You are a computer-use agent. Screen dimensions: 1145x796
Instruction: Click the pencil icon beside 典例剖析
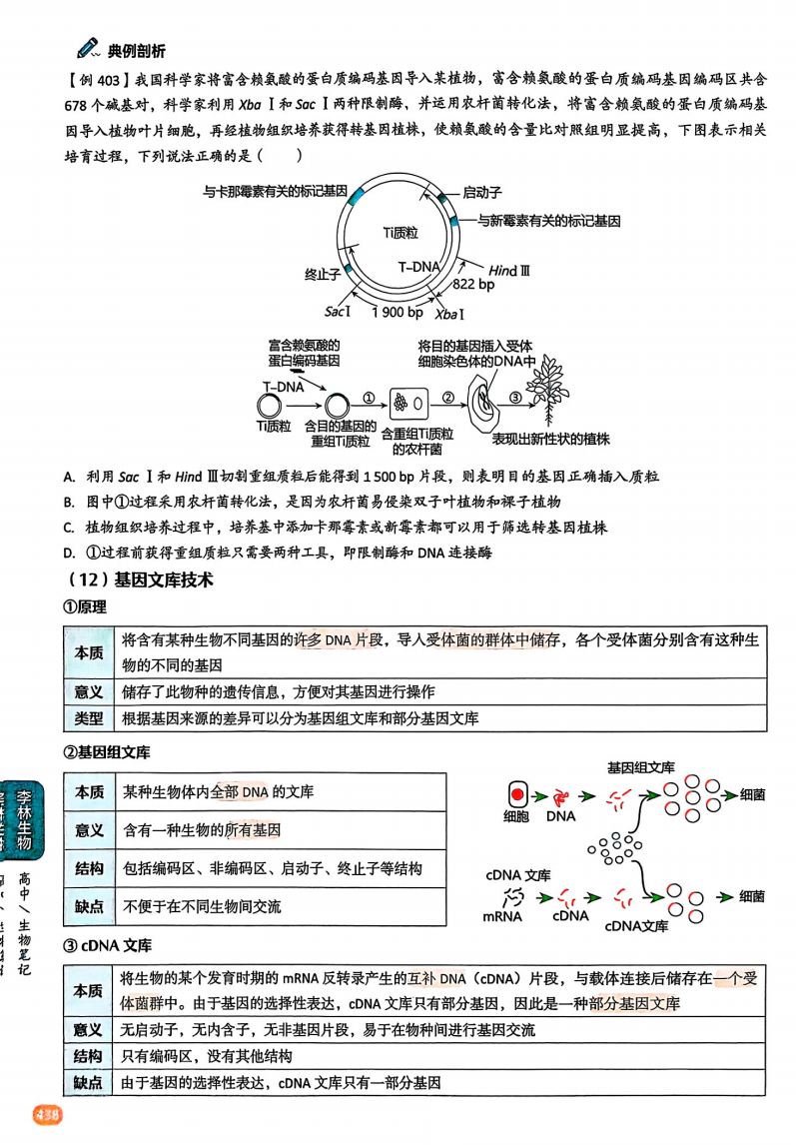click(x=87, y=48)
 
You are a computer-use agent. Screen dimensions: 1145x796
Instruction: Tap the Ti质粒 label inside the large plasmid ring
click(x=400, y=232)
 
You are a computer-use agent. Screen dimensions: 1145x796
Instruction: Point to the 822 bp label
click(x=473, y=284)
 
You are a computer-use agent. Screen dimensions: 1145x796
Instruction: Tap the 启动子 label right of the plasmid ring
click(x=481, y=192)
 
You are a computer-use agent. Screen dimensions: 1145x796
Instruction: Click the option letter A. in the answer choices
click(x=69, y=478)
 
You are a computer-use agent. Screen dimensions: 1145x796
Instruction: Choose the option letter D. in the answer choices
click(x=69, y=553)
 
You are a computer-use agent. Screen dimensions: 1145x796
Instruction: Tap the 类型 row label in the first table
click(x=89, y=717)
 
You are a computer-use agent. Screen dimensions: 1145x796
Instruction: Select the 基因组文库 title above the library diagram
click(x=640, y=767)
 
